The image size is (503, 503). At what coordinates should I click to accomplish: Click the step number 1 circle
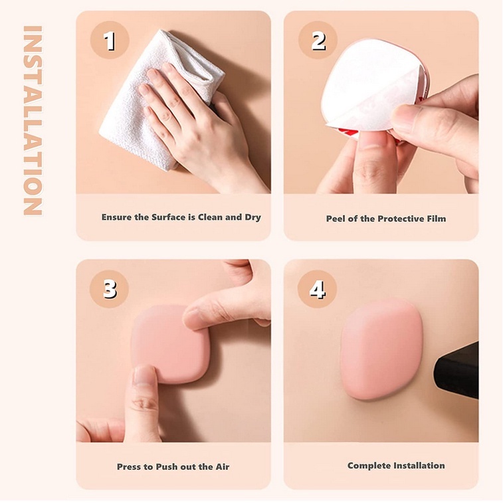(x=110, y=41)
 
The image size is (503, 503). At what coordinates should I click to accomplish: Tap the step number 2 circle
(x=318, y=41)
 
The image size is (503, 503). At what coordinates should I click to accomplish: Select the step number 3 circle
(x=110, y=289)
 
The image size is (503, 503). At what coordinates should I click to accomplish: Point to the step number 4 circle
(x=317, y=289)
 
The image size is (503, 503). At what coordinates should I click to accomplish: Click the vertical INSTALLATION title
(x=33, y=120)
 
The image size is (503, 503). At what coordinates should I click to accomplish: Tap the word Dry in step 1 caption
(x=252, y=217)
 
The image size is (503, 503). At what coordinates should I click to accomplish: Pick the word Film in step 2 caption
(x=437, y=219)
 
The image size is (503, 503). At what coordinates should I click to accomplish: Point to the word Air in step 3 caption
(x=223, y=466)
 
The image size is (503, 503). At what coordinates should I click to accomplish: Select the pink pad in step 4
(x=381, y=349)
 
